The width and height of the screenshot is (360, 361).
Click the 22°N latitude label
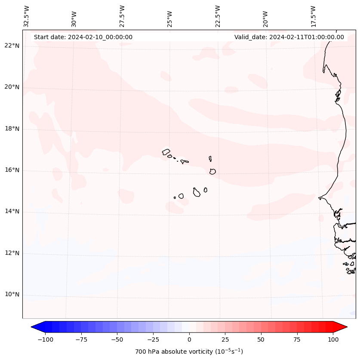12,46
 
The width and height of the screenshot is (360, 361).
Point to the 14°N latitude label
12,211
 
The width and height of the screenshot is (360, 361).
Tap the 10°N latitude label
12,294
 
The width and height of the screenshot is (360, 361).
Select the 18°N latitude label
12,129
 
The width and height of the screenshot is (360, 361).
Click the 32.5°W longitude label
27,16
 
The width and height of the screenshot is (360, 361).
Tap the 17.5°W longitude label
313,16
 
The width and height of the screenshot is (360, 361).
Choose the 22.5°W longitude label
218,16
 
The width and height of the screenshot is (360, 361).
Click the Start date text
83,37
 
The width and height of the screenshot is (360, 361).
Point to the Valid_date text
289,37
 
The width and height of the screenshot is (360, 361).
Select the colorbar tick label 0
189,339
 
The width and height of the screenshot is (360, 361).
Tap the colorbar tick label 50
261,339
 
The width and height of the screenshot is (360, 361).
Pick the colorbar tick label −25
153,339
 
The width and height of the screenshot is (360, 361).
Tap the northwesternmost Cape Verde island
166,151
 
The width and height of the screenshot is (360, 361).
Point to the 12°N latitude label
12,253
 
